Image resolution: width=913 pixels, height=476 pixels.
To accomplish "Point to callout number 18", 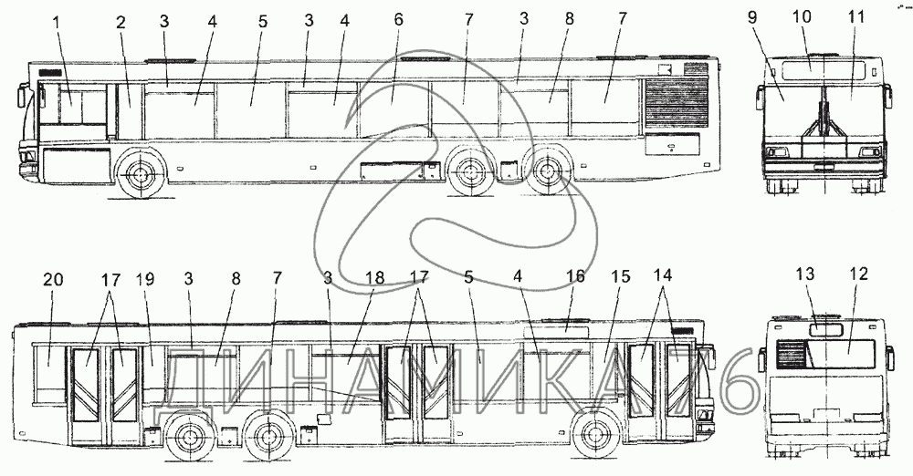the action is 373,276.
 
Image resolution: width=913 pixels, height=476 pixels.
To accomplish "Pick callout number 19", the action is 145,277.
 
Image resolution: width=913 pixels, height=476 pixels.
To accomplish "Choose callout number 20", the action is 54,277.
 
